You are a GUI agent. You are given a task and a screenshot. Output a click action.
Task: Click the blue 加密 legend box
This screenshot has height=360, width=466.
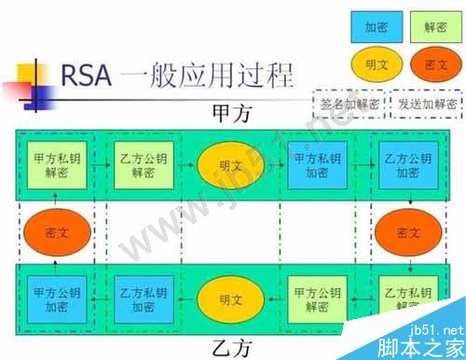click(x=377, y=28)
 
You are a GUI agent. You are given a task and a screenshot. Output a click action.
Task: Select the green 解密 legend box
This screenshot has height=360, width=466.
click(x=435, y=28)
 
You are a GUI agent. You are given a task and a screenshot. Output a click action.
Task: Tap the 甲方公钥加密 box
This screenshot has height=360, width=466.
click(x=54, y=299)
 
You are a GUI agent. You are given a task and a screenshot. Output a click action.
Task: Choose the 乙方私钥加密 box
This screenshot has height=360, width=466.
click(x=139, y=299)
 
